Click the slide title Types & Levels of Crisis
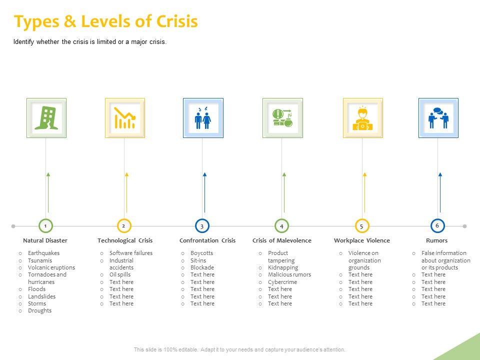(x=106, y=21)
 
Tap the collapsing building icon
(x=46, y=118)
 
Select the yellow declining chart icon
(x=124, y=118)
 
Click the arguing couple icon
(x=203, y=118)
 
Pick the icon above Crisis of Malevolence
(x=282, y=118)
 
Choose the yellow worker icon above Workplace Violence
(x=362, y=118)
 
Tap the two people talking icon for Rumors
(x=438, y=118)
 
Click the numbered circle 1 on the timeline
(x=45, y=226)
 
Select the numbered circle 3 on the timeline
(x=202, y=226)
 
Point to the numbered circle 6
(x=437, y=225)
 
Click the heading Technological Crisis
(x=125, y=240)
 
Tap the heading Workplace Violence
(x=361, y=240)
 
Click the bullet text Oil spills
(x=120, y=274)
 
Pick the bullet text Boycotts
(x=201, y=253)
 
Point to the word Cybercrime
(x=282, y=282)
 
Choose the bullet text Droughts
(x=39, y=310)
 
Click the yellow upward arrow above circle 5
(x=364, y=192)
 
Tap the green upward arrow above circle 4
(x=284, y=192)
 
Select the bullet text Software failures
(x=130, y=253)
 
